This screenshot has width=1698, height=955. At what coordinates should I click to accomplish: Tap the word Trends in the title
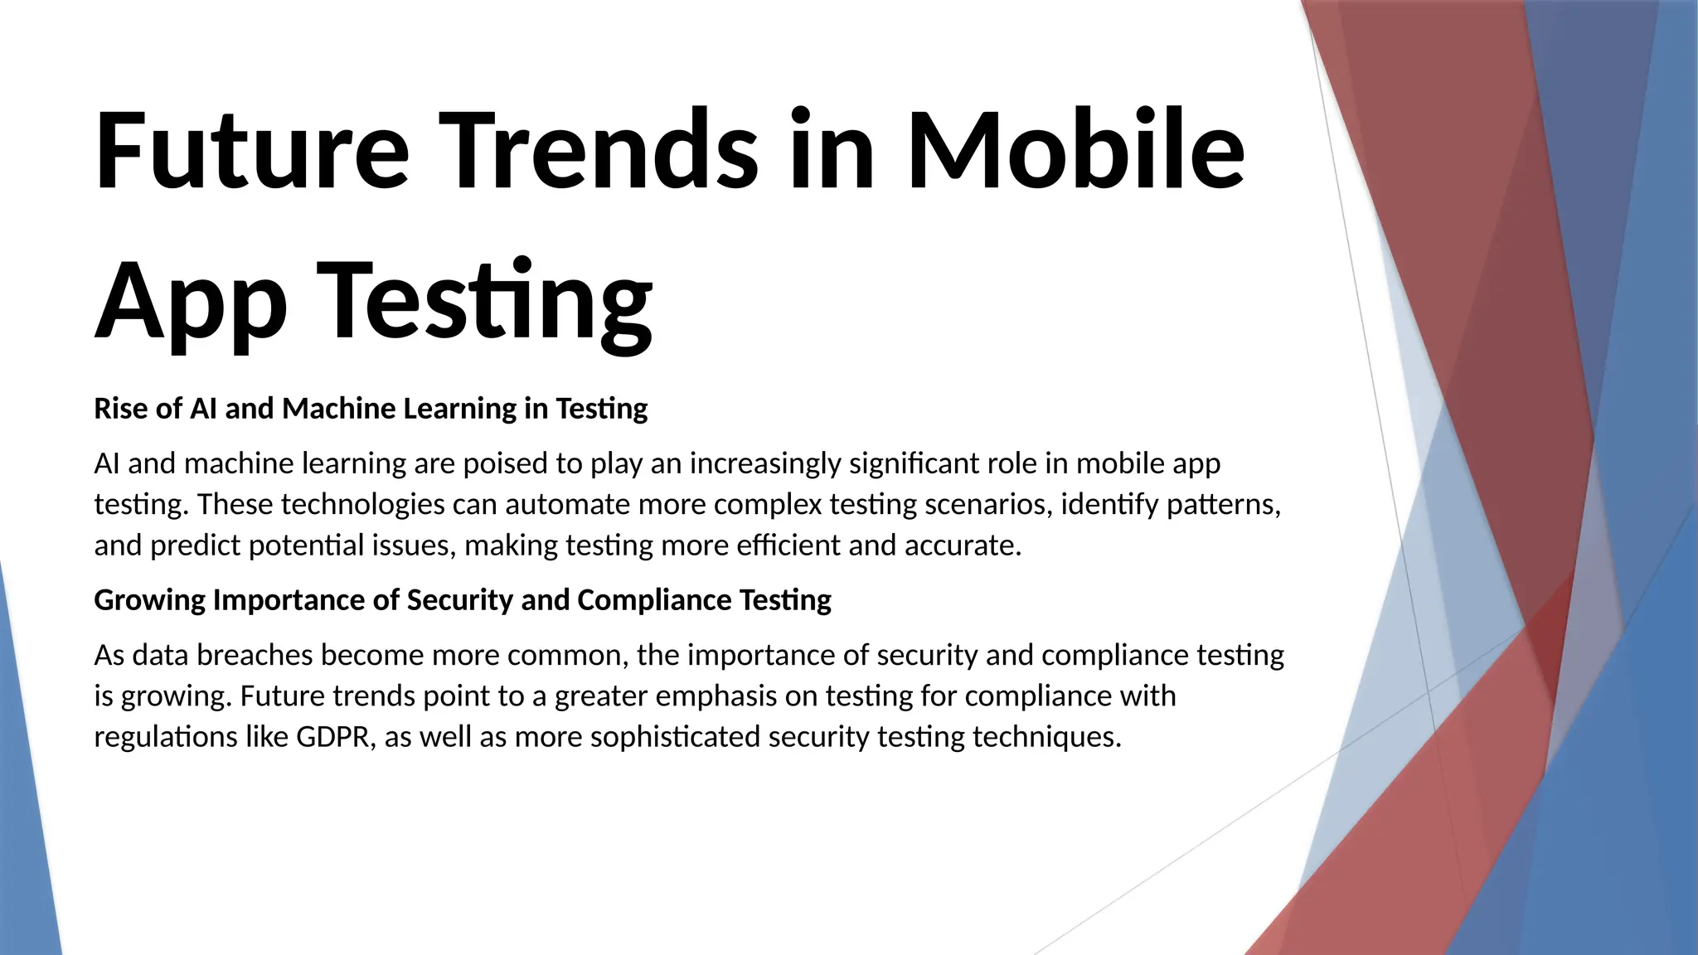coord(598,151)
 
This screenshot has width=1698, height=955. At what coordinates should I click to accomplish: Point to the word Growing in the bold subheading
coord(149,600)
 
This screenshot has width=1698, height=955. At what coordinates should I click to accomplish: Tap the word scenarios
coord(988,504)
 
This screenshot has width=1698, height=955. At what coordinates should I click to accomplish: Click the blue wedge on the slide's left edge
coord(25,788)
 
